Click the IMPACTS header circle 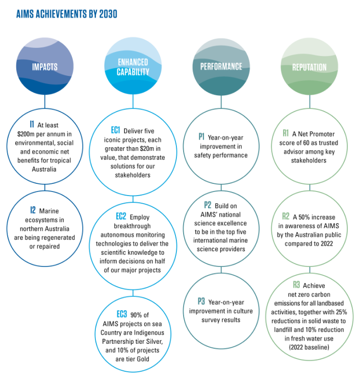pyautogui.click(x=44, y=67)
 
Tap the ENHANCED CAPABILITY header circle pyautogui.click(x=133, y=67)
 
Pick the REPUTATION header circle pyautogui.click(x=309, y=67)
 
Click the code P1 pyautogui.click(x=202, y=136)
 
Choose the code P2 pyautogui.click(x=208, y=205)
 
